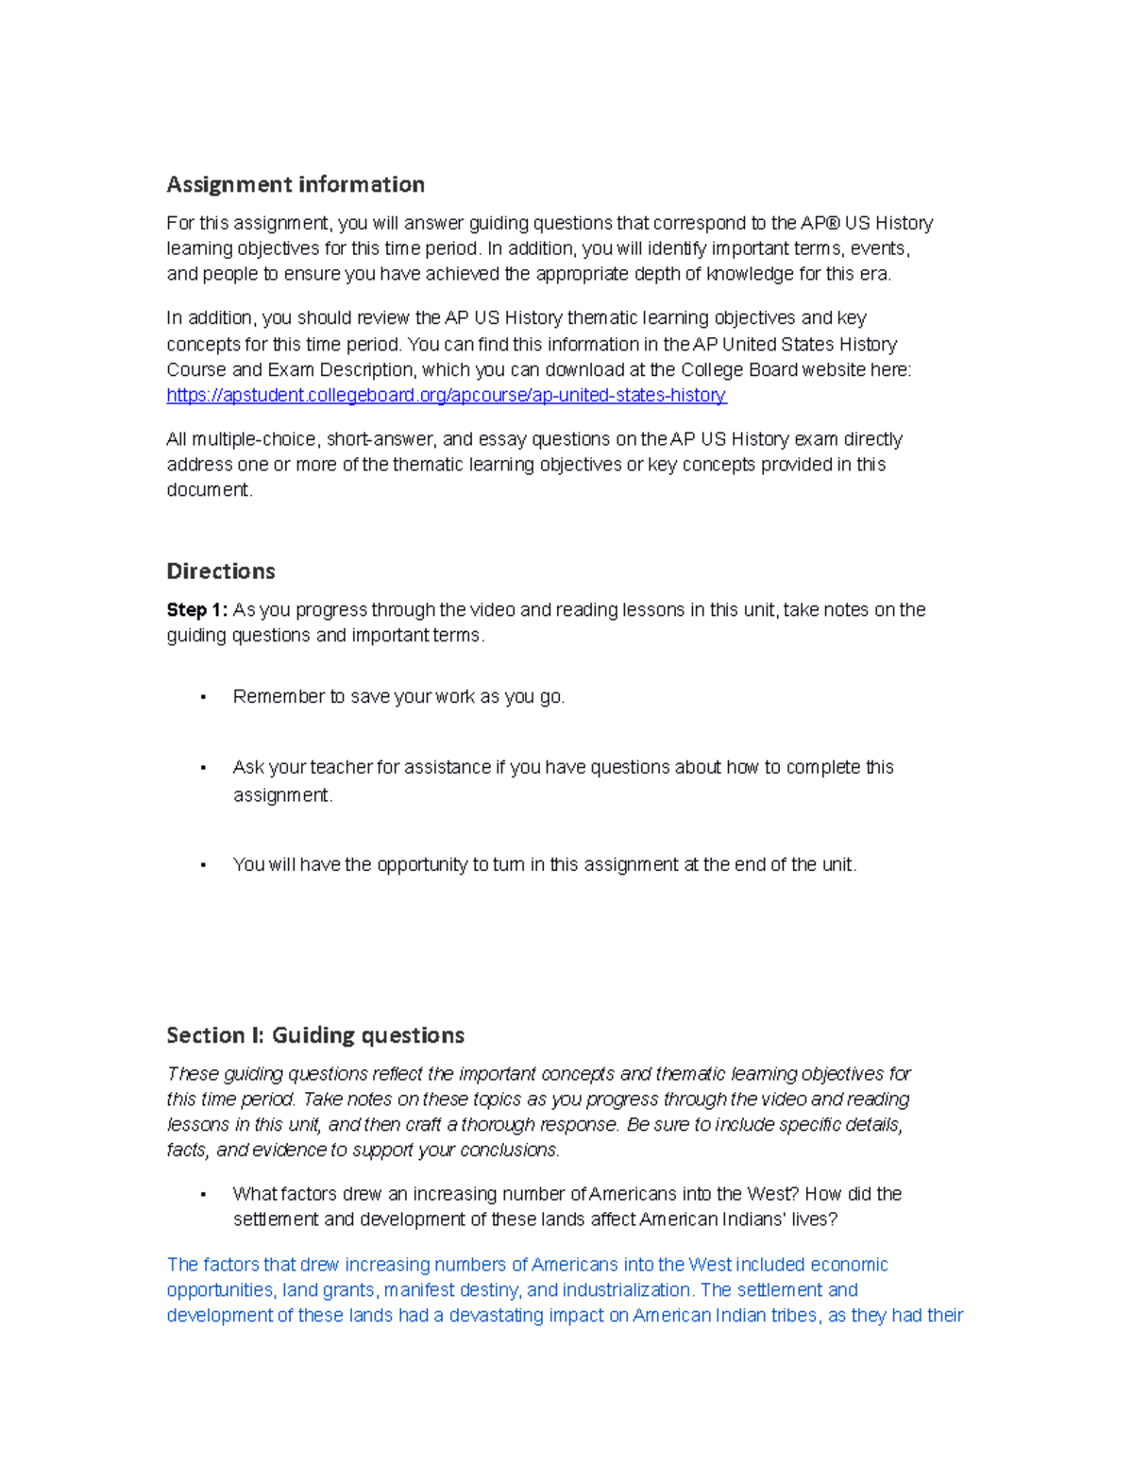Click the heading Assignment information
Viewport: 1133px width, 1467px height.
pos(295,184)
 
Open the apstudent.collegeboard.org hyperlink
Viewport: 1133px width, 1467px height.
pos(446,395)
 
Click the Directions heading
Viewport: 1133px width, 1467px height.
pos(220,571)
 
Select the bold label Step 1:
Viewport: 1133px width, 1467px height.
pos(196,610)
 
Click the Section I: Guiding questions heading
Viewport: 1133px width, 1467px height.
pos(314,1035)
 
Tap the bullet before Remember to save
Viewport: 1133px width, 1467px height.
pos(203,697)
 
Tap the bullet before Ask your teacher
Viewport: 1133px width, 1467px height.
pos(203,768)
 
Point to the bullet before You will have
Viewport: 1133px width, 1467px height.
pos(203,865)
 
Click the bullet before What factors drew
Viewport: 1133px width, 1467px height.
pos(203,1195)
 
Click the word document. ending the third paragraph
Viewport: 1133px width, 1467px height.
pos(210,490)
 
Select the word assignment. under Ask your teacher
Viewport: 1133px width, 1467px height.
pos(282,795)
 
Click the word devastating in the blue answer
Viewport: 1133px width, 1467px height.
pos(497,1316)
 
